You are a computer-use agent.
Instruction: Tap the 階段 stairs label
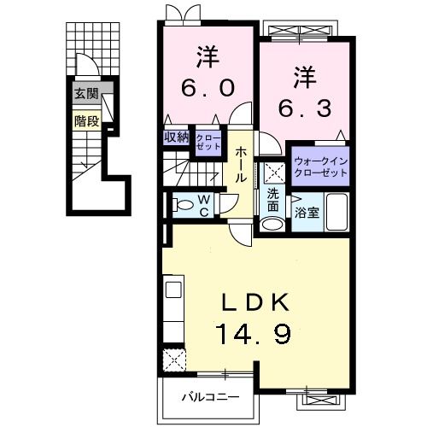(85, 120)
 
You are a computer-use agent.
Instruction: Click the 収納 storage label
(177, 137)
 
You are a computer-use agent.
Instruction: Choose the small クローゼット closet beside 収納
(207, 142)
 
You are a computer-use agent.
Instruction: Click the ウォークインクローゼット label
(320, 166)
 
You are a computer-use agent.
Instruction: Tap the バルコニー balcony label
(209, 396)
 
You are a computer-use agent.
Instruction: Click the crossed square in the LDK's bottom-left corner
(175, 359)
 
